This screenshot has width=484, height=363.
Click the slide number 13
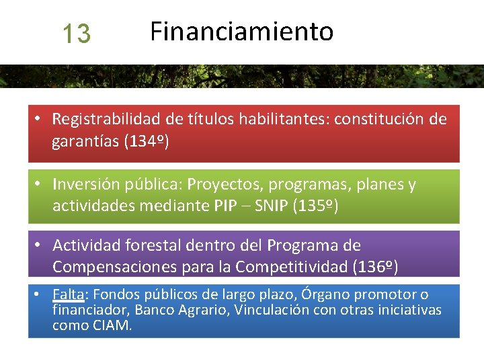click(76, 33)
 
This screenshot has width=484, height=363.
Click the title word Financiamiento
click(241, 31)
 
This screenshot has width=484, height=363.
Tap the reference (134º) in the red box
click(147, 142)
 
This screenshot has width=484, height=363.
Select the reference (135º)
click(316, 206)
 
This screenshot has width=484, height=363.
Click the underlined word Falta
click(68, 294)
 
